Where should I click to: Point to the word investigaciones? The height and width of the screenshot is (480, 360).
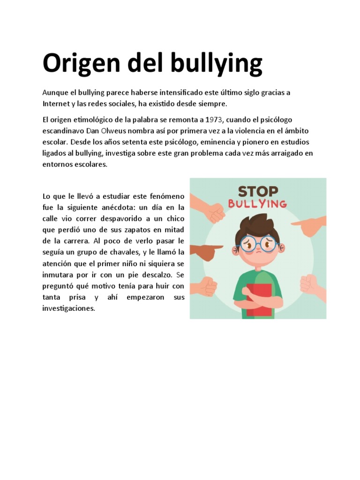point(68,309)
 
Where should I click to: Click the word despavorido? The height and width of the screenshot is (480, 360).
point(116,218)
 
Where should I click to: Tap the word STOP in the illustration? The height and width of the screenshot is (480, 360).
point(258,191)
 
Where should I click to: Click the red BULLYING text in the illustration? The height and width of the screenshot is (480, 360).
point(257,204)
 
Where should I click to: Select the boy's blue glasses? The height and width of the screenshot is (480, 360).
point(258,244)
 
